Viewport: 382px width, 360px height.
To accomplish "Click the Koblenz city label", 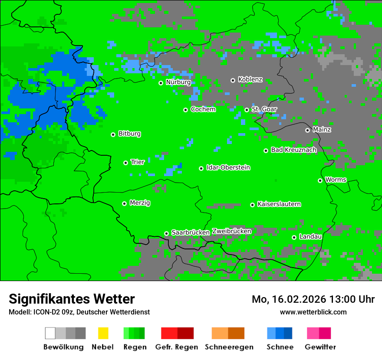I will (x=250, y=80).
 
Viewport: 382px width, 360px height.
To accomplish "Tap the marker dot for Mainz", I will (x=307, y=130).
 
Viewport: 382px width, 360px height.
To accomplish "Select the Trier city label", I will (x=138, y=162).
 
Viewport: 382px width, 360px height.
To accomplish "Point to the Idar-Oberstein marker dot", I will (x=201, y=168).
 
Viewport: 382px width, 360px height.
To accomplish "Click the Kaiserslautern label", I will (x=279, y=204).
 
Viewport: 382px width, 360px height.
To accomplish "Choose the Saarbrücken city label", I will (x=191, y=233).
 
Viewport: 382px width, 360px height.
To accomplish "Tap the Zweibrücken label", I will (x=231, y=231).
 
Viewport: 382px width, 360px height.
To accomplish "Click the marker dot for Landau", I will (x=294, y=237).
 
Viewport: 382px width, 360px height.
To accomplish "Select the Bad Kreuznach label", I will (x=293, y=150).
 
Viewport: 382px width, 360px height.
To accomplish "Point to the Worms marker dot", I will (x=320, y=180).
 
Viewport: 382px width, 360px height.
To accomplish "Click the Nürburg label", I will (x=178, y=82).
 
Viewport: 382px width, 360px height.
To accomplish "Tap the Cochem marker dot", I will (x=185, y=110).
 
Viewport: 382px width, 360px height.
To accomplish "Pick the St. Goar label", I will (x=264, y=109).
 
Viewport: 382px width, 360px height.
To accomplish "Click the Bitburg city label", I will (x=129, y=134).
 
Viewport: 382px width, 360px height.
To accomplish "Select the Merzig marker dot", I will (x=124, y=203).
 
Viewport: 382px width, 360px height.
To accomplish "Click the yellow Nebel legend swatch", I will (x=103, y=333).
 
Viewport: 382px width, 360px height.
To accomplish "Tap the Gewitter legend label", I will (x=320, y=347).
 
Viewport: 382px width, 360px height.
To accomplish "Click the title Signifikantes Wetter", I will (x=72, y=299).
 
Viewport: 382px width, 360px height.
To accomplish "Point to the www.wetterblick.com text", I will (x=313, y=312).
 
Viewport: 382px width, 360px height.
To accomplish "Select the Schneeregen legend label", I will (x=229, y=347).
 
